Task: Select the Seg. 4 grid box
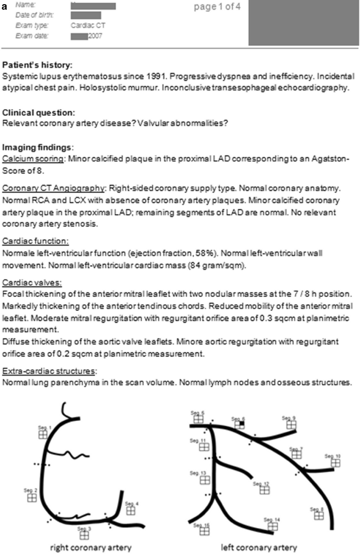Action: point(131,511)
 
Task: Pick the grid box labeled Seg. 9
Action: point(291,425)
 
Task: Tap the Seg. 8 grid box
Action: point(319,515)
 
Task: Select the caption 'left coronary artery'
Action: point(259,547)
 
